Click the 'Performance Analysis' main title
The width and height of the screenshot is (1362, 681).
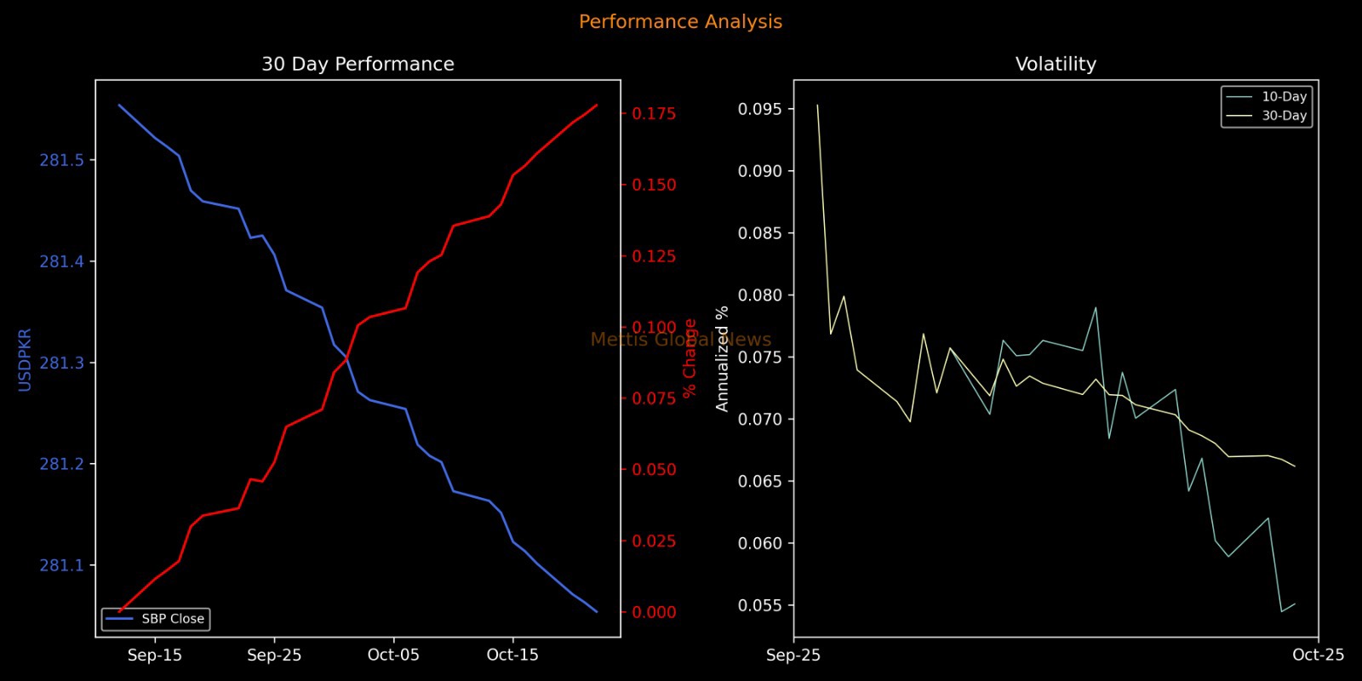[680, 22]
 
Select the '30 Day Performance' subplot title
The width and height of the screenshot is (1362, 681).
[358, 65]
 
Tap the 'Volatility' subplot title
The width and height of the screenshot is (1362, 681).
[1056, 65]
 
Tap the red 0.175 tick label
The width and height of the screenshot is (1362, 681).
[654, 114]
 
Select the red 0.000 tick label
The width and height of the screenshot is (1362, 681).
[654, 612]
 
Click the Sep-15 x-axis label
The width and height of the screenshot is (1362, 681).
[155, 655]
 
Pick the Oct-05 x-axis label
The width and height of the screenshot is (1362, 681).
[393, 655]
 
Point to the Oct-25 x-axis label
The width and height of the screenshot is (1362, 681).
[1318, 655]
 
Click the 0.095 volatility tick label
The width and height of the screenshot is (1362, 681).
[759, 109]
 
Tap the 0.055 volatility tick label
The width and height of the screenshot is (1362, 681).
[759, 605]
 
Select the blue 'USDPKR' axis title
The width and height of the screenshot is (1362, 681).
[25, 359]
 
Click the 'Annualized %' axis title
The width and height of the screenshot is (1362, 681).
[723, 358]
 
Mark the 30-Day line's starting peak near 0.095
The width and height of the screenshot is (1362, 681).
[817, 106]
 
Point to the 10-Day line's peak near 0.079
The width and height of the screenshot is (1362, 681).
[1096, 308]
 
